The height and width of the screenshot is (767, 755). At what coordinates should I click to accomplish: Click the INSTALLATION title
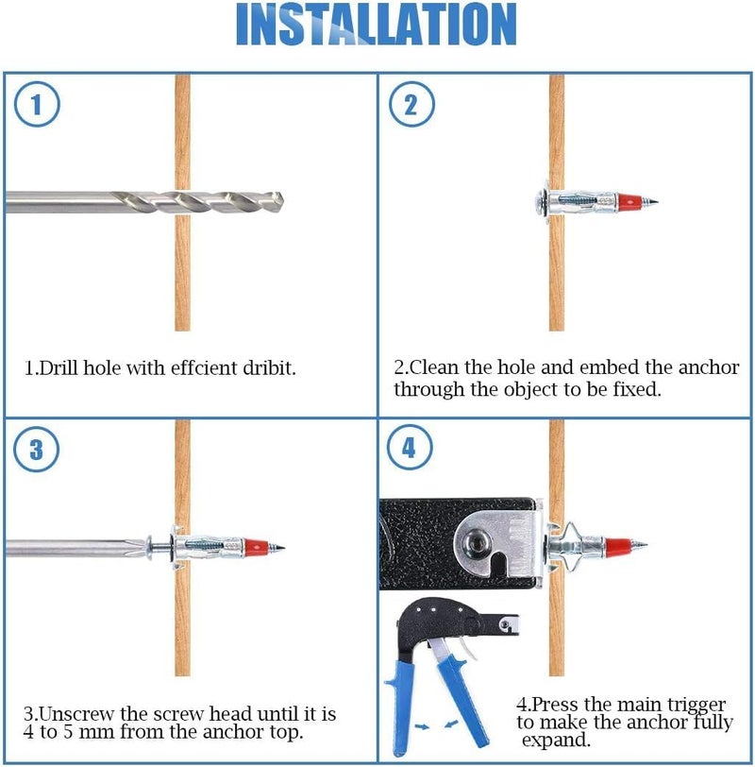pyautogui.click(x=376, y=24)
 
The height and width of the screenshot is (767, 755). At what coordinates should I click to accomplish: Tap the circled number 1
pyautogui.click(x=37, y=104)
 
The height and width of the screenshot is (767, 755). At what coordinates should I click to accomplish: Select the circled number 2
pyautogui.click(x=411, y=104)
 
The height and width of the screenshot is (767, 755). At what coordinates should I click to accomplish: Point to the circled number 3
pyautogui.click(x=37, y=449)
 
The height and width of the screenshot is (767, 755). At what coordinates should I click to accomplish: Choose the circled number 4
pyautogui.click(x=410, y=448)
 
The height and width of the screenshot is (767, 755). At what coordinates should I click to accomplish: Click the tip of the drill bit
pyautogui.click(x=283, y=201)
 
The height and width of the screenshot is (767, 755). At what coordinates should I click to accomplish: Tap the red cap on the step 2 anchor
pyautogui.click(x=629, y=201)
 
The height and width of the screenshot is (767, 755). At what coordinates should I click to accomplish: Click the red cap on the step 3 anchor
pyautogui.click(x=256, y=546)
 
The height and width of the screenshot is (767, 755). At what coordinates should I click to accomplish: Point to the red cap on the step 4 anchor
pyautogui.click(x=618, y=545)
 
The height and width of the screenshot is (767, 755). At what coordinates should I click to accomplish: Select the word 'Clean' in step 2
pyautogui.click(x=435, y=366)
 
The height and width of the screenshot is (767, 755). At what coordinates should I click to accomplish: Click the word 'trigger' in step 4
pyautogui.click(x=696, y=705)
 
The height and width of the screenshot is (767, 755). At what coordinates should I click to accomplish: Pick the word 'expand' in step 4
pyautogui.click(x=556, y=741)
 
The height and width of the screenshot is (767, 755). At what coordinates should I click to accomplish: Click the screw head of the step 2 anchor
pyautogui.click(x=540, y=201)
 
